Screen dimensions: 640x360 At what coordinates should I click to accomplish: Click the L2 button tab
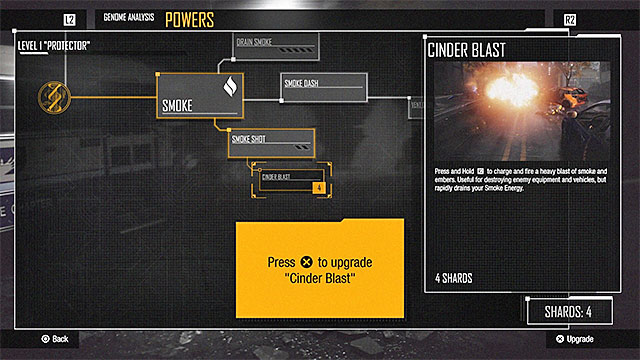(69, 19)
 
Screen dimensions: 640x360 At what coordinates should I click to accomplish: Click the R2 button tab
(570, 19)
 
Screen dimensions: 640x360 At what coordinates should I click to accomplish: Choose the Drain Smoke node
(277, 46)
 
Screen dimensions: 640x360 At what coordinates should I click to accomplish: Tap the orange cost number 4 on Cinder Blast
(317, 187)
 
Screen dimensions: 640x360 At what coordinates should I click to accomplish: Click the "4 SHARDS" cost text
(455, 278)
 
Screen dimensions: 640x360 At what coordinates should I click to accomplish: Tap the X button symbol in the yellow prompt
(307, 262)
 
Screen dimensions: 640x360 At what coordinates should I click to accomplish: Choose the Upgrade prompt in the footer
(579, 339)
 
